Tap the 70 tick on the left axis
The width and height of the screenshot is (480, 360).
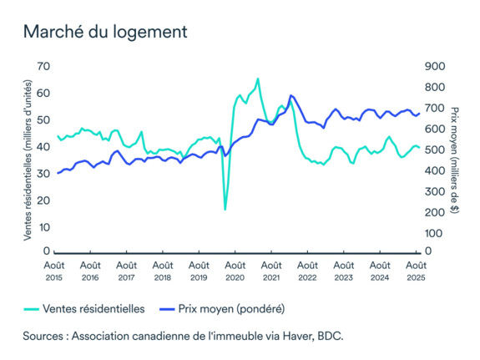[43, 67]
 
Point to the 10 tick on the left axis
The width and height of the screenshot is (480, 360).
[43, 227]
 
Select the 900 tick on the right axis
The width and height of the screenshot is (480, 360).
[435, 67]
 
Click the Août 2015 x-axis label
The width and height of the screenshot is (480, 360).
[54, 270]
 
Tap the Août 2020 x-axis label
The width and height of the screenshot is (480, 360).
[235, 270]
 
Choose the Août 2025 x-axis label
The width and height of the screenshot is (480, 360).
[415, 270]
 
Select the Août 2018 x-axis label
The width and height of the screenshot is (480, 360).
[163, 270]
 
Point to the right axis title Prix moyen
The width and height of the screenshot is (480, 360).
[455, 159]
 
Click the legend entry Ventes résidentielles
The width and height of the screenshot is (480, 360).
[94, 308]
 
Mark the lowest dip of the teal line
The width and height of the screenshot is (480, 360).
[225, 209]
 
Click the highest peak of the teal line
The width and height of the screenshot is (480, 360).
[258, 79]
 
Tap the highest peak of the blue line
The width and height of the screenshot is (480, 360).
[291, 96]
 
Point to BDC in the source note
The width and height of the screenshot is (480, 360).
[329, 335]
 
